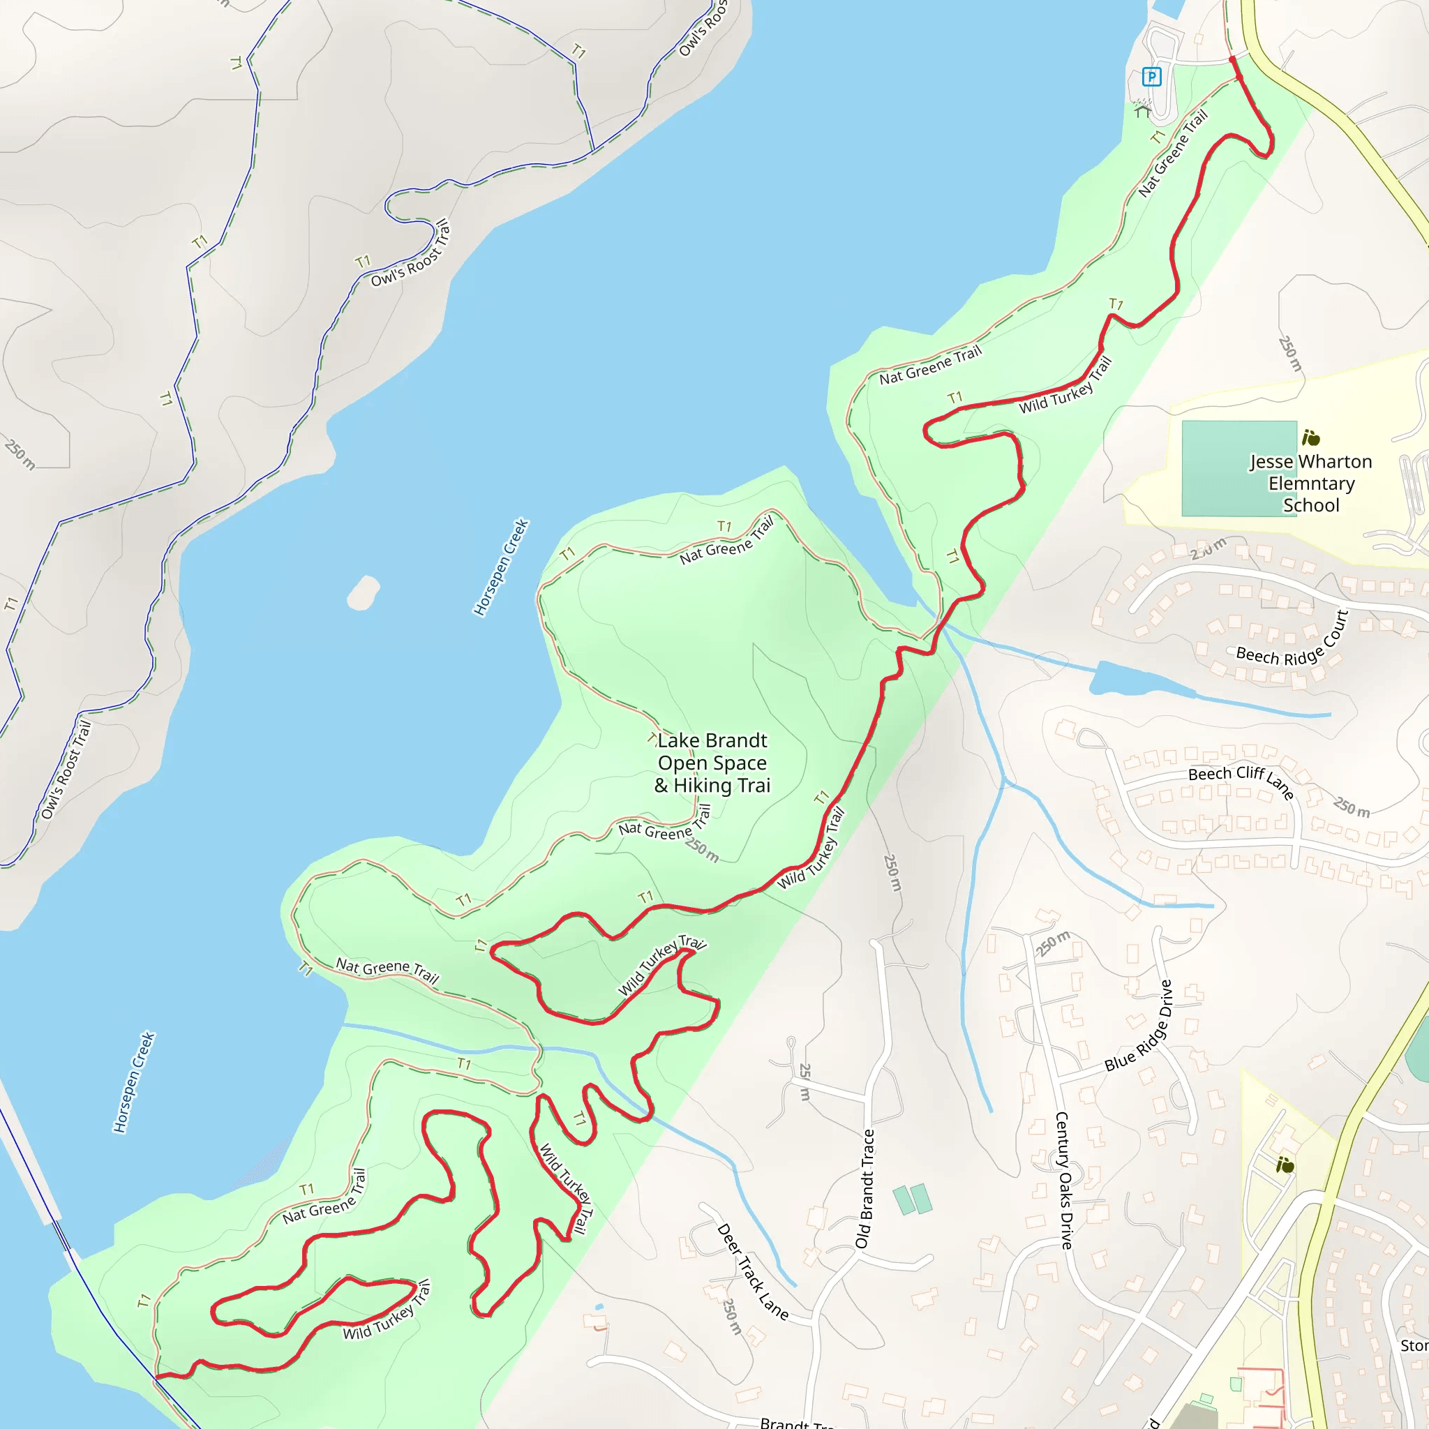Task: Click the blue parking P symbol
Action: coord(1151,76)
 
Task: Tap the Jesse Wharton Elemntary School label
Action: coord(1310,483)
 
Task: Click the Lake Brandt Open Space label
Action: coord(712,763)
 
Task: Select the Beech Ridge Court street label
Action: coord(1292,642)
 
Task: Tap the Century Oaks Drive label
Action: coord(1063,1181)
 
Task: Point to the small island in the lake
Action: coord(363,592)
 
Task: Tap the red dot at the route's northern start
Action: coord(1232,60)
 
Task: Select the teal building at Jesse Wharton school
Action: coord(1239,468)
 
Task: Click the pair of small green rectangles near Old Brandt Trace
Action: coord(912,1199)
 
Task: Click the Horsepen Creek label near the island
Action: coord(501,567)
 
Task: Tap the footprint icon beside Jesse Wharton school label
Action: coord(1310,438)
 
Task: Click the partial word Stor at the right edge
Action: coord(1414,1345)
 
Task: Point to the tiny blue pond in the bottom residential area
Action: coord(599,1308)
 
